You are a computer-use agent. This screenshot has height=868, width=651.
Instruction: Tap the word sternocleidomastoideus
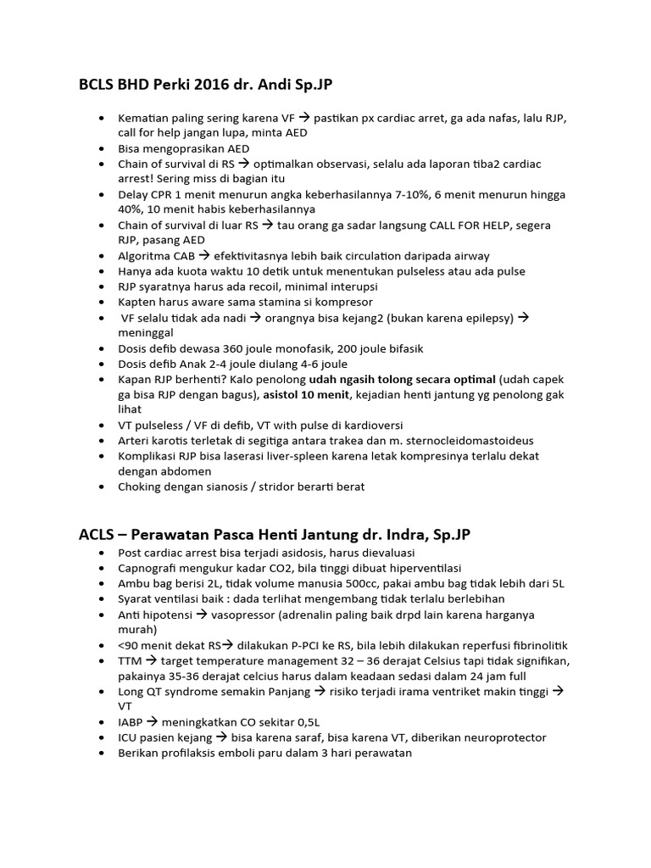tap(461, 441)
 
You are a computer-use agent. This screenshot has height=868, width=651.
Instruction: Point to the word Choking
tap(142, 487)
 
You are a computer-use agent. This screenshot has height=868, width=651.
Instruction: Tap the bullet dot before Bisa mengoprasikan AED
tap(103, 148)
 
